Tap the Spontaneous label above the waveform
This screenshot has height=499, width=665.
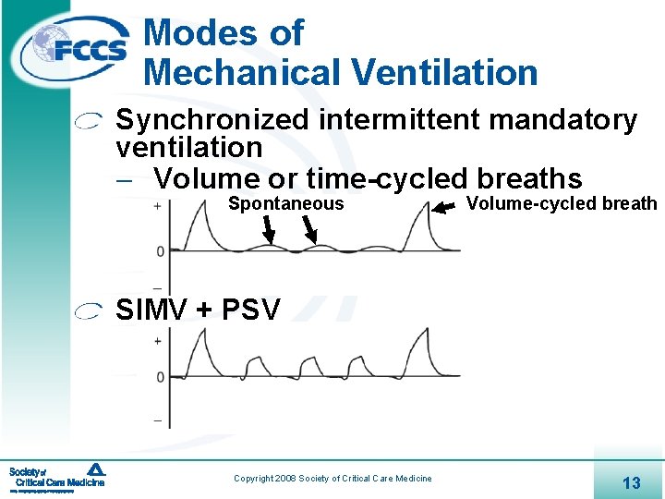point(285,204)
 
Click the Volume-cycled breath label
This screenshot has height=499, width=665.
point(562,204)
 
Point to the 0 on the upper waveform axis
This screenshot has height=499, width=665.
point(161,250)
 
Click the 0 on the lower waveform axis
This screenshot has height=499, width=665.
point(160,377)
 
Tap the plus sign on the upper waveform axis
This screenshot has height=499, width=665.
point(158,206)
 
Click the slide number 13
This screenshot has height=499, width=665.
point(632,482)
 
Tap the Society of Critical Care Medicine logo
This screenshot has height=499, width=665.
point(57,477)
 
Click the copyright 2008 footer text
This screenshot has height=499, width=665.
point(332,478)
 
